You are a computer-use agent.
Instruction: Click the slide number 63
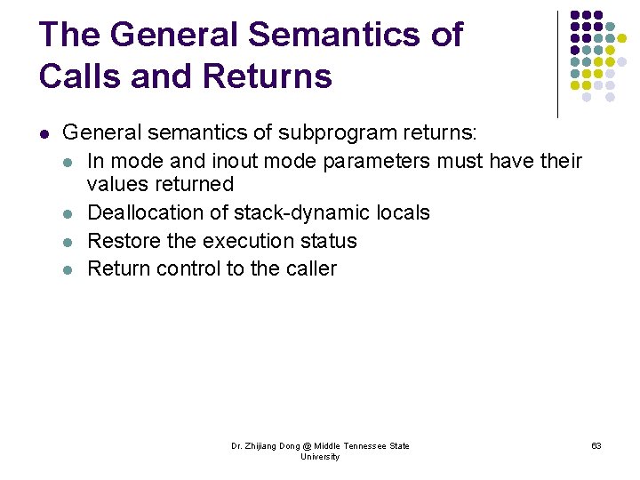click(x=596, y=445)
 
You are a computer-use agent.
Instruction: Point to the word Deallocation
click(x=158, y=212)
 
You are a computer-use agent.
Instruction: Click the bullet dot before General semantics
click(x=44, y=134)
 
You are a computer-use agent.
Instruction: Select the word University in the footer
click(x=320, y=457)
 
